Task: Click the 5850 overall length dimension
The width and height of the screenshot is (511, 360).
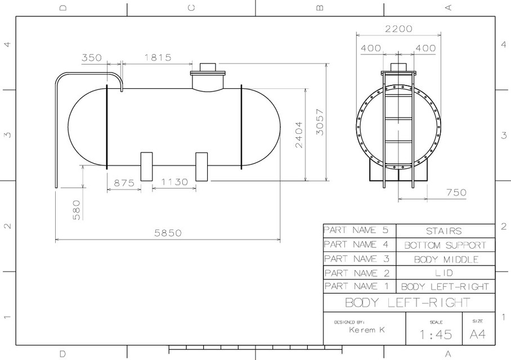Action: click(168, 233)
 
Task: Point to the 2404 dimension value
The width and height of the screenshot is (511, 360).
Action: click(298, 134)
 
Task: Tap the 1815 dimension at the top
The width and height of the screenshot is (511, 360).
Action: click(158, 57)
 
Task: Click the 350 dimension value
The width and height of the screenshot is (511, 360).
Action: click(92, 57)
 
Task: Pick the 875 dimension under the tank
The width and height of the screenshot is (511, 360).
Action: click(124, 183)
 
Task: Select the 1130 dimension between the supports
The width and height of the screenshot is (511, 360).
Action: click(174, 183)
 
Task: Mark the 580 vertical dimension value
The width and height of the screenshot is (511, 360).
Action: click(77, 209)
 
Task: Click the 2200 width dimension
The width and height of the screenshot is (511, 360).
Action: click(398, 29)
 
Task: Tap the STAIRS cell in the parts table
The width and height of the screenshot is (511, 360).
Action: click(445, 231)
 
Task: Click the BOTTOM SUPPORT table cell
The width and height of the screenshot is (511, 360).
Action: click(445, 245)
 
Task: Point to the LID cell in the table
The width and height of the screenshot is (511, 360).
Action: click(445, 273)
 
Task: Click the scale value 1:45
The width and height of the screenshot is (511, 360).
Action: click(436, 335)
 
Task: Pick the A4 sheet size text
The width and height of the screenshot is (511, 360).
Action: click(477, 334)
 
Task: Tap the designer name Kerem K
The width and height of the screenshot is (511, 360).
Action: click(366, 330)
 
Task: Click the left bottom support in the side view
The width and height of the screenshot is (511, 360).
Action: click(146, 166)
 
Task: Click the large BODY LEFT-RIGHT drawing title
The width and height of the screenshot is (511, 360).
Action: click(407, 302)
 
